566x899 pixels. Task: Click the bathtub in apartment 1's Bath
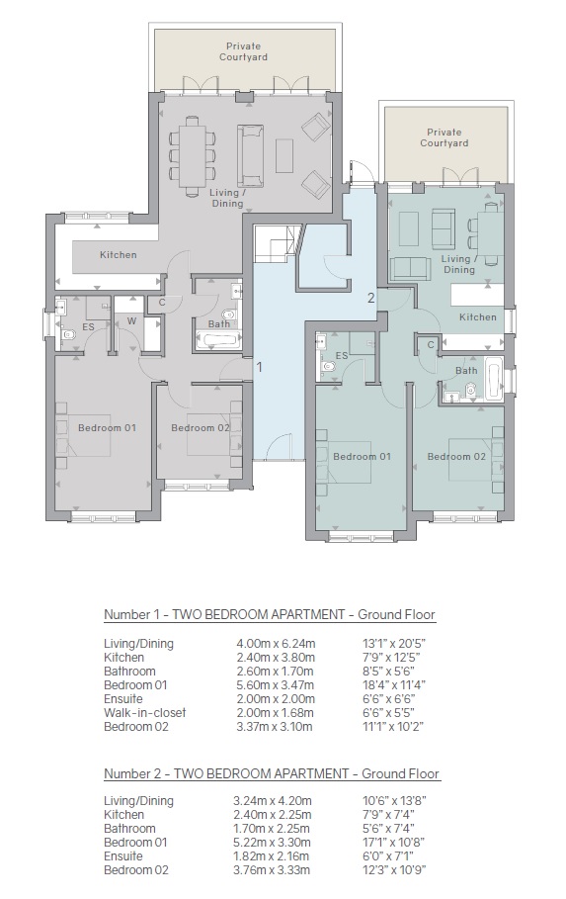(x=217, y=339)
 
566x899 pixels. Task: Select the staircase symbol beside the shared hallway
(x=278, y=243)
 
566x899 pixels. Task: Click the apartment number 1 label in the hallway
(x=260, y=367)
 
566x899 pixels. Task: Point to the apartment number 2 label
(x=371, y=298)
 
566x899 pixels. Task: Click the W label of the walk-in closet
(x=131, y=321)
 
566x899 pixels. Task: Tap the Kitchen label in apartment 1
(x=118, y=254)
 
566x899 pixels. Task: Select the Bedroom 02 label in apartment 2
(x=456, y=456)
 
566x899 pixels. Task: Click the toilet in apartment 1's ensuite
(x=70, y=334)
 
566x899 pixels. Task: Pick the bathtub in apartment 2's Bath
(x=493, y=379)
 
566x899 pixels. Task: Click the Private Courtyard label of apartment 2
(x=444, y=137)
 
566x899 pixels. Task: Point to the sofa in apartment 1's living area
(x=251, y=155)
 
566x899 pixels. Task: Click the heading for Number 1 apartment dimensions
(x=270, y=614)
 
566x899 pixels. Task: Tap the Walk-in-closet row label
(x=145, y=713)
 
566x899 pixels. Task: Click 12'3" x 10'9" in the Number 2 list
(x=394, y=869)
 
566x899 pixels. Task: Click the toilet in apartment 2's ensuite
(x=328, y=366)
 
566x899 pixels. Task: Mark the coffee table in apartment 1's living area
(x=284, y=156)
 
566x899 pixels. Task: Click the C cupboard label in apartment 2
(x=431, y=345)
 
